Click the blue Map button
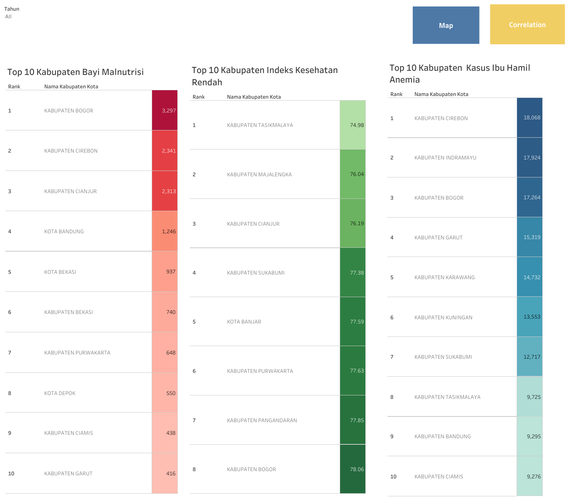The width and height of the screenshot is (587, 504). [446, 25]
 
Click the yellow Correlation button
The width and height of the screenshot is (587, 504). [527, 24]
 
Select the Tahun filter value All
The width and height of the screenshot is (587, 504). [8, 16]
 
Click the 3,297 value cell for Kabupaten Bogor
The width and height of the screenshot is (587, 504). [165, 111]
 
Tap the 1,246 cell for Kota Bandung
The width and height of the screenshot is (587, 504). [165, 231]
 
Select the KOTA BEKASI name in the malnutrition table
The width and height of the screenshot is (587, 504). [60, 272]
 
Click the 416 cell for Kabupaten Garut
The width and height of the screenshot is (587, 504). [165, 473]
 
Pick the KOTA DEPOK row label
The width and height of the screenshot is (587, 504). [60, 393]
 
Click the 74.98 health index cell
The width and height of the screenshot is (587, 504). [353, 125]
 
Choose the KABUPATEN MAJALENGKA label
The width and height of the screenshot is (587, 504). [259, 174]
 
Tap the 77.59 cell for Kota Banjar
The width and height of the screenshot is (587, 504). [353, 322]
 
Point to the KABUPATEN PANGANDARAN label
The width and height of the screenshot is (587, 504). [262, 420]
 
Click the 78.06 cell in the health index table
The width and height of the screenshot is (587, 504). [353, 469]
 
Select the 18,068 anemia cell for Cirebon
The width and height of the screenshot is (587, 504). [530, 118]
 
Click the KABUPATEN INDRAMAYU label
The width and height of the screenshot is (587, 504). [445, 158]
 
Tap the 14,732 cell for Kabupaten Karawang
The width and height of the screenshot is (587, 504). [530, 277]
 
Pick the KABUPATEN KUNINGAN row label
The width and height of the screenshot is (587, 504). [443, 317]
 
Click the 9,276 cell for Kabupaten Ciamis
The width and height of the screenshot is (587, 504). [530, 476]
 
